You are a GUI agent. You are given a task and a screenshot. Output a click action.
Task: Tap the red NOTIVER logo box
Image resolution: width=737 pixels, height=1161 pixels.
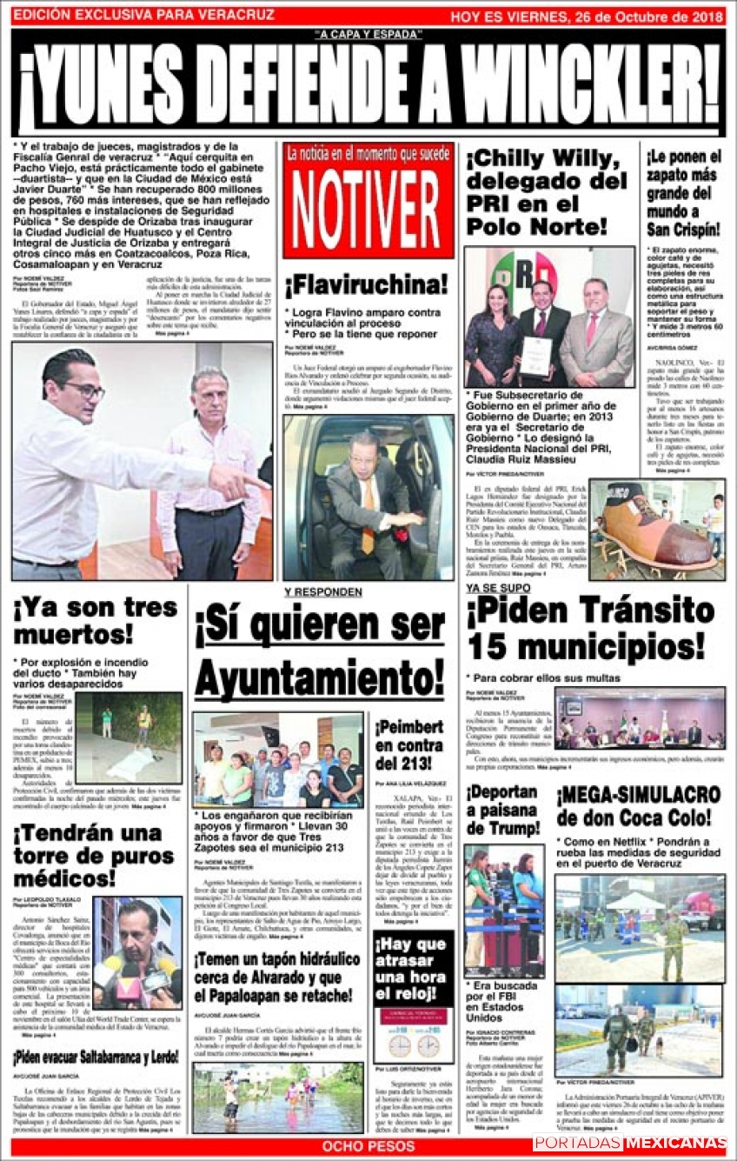tap(368, 200)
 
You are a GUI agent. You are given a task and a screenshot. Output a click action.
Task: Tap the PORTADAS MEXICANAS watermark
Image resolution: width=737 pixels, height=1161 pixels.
tap(629, 1143)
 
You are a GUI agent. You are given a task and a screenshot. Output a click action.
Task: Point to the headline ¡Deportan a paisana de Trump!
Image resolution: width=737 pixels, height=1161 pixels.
tap(503, 811)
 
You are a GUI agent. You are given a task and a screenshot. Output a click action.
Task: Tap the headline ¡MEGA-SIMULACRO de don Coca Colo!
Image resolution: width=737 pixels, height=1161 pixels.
tap(639, 806)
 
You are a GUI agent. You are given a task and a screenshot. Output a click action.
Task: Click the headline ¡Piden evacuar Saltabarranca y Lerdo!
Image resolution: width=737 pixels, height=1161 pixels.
tap(96, 1058)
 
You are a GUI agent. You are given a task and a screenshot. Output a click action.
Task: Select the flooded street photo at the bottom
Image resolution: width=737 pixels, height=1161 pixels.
tap(277, 1098)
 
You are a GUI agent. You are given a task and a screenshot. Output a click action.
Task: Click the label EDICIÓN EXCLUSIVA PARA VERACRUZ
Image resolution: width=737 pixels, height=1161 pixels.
tap(144, 16)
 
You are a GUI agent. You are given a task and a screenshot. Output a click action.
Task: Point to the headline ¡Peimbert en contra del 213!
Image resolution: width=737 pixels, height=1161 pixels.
tap(408, 745)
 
